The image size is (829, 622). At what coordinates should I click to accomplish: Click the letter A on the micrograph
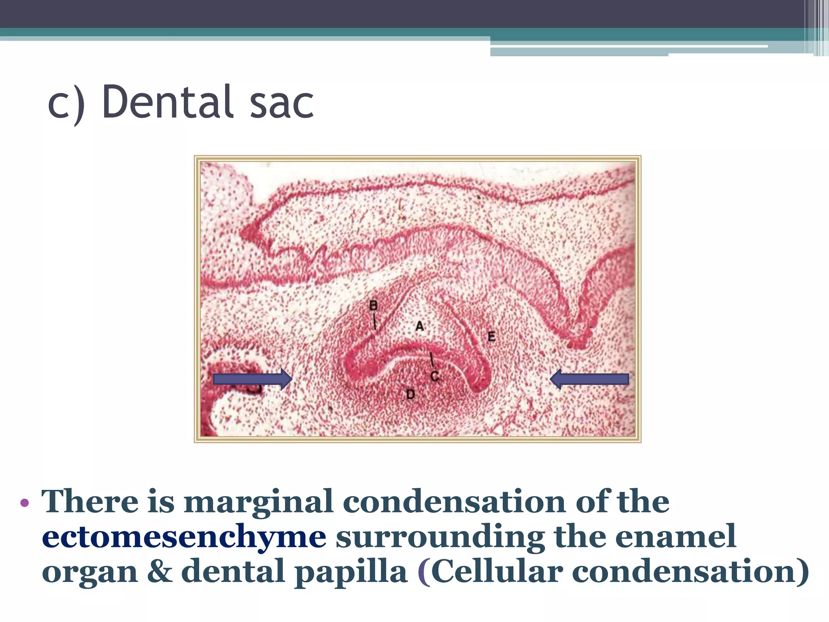pos(420,326)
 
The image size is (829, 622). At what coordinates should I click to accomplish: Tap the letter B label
pos(373,305)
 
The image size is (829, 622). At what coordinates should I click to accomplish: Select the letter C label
pos(435,376)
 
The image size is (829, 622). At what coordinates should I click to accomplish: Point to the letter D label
pos(410,394)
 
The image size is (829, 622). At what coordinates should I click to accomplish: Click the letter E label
pos(491,336)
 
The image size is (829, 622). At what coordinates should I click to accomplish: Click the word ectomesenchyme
pos(184,537)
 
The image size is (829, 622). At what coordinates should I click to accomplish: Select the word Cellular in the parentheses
pos(497,571)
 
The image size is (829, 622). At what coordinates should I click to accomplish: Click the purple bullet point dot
pos(25,503)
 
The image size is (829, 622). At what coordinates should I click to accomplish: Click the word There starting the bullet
pos(90,502)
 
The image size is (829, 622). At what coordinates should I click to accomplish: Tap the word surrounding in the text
pos(440,537)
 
